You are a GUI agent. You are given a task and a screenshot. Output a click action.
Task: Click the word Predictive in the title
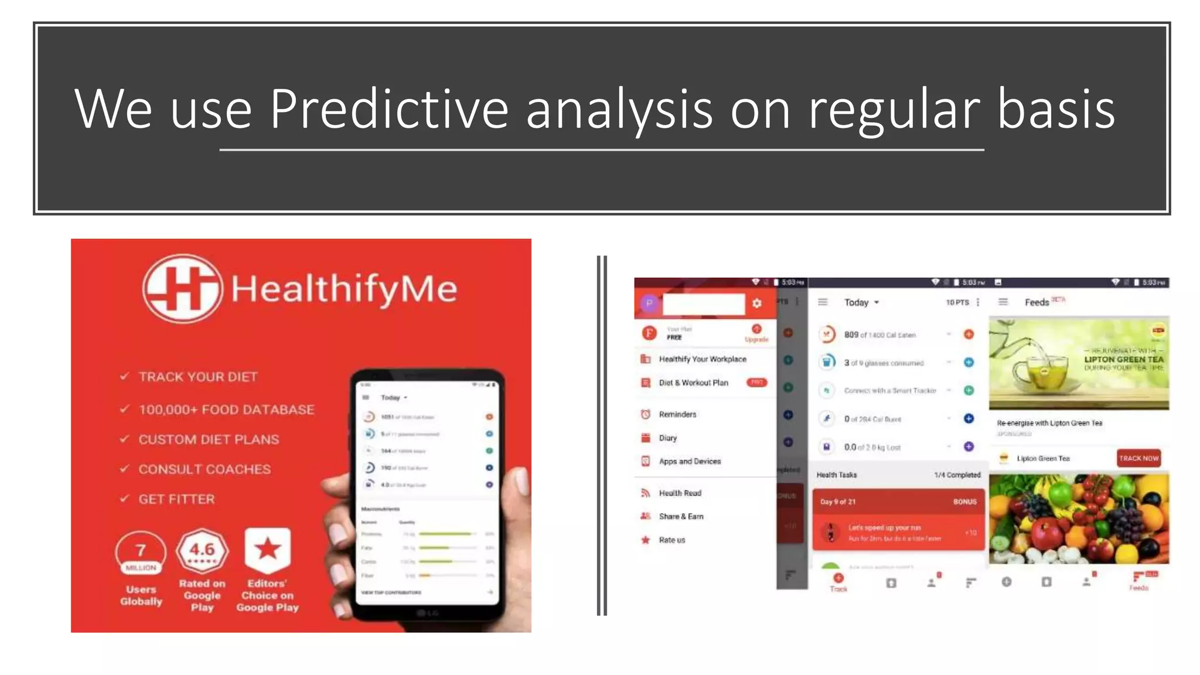tap(388, 109)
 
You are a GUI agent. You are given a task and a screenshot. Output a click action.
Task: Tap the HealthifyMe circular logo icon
tap(182, 288)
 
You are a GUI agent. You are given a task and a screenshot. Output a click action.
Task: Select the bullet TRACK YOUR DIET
tap(197, 377)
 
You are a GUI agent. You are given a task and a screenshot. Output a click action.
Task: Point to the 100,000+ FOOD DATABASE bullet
tap(226, 410)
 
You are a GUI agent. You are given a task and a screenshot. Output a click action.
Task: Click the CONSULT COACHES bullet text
tap(204, 469)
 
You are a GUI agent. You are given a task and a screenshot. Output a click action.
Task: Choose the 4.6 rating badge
tap(202, 551)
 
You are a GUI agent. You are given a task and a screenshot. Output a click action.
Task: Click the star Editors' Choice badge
tap(268, 550)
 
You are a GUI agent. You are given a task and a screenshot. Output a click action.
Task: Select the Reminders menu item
tap(677, 414)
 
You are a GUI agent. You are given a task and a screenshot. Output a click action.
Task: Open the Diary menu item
tap(667, 438)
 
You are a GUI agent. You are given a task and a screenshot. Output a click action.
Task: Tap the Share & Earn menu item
tap(681, 516)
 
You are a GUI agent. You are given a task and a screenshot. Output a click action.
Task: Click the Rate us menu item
tap(671, 540)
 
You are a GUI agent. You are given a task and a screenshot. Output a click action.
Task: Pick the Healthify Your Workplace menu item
tap(703, 359)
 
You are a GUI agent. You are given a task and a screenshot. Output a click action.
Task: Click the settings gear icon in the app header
tap(757, 303)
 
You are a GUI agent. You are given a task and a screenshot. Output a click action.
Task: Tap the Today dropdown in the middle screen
tap(861, 302)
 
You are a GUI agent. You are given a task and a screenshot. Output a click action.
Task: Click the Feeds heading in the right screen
tap(1037, 302)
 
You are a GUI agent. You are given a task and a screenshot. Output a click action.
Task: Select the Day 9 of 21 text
tap(838, 502)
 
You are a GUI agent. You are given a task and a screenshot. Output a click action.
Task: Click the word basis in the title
tap(1056, 109)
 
